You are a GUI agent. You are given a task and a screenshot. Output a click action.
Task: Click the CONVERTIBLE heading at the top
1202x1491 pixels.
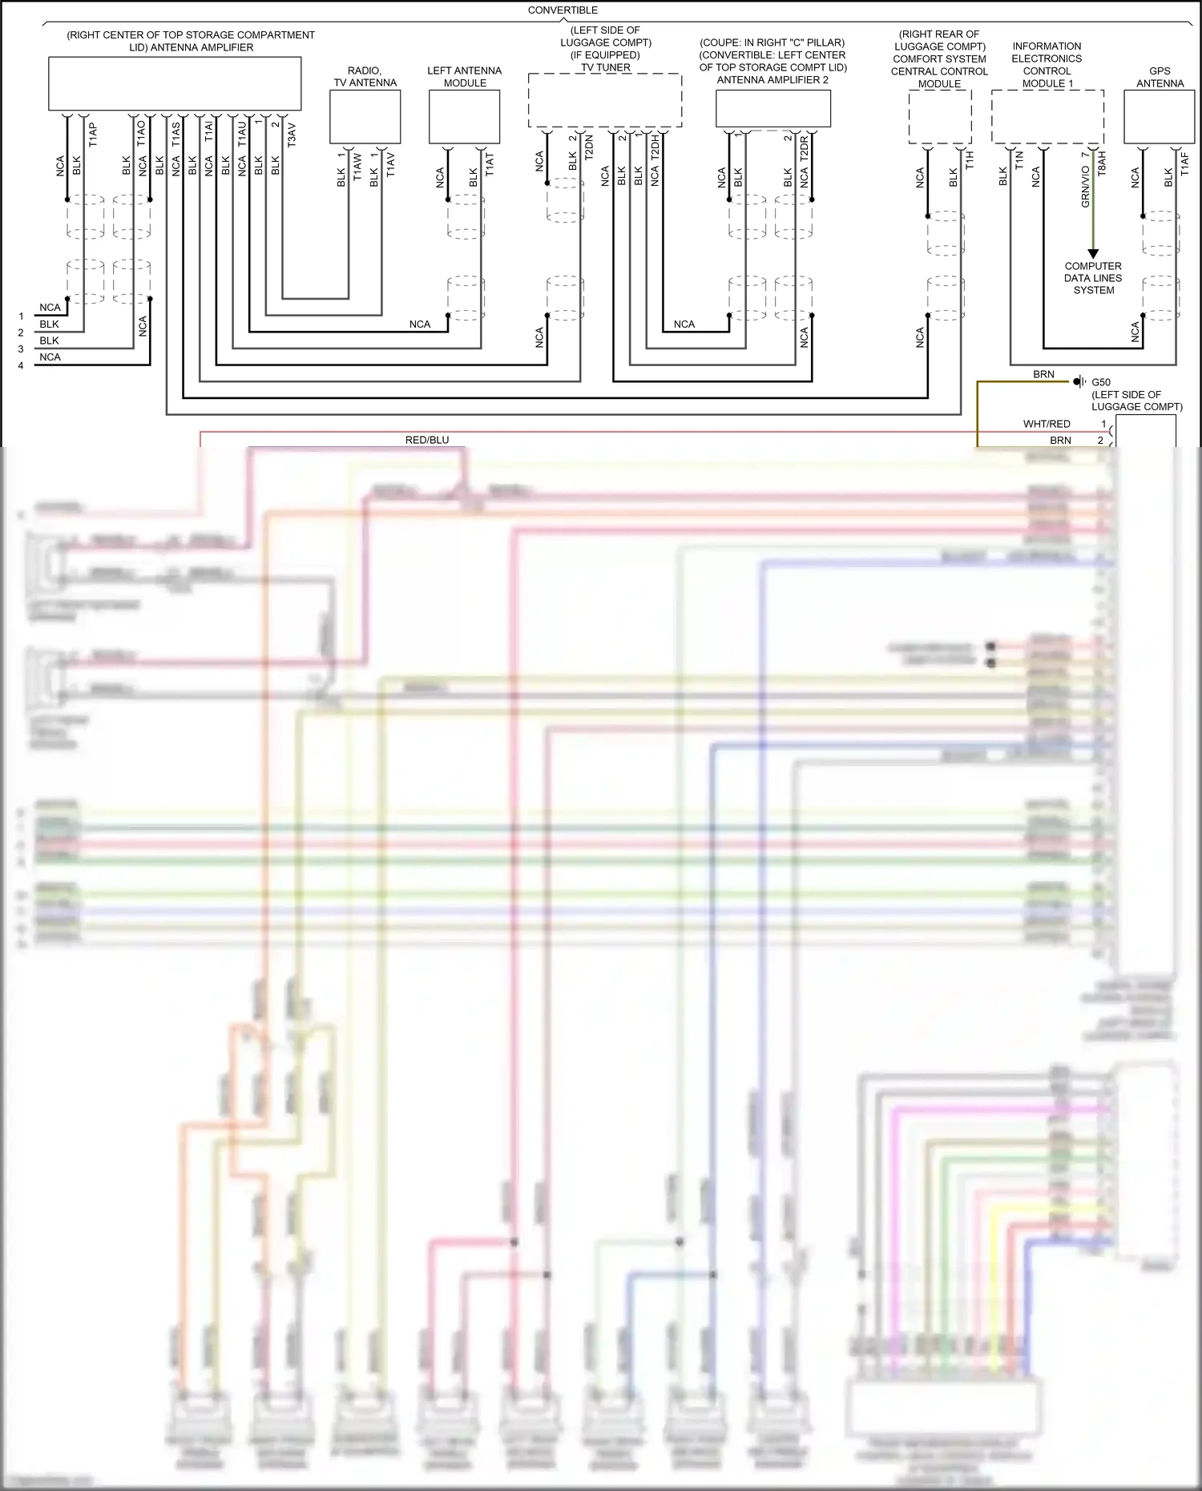coord(563,10)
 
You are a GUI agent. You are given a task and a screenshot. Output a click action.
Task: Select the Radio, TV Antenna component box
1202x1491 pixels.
coord(365,117)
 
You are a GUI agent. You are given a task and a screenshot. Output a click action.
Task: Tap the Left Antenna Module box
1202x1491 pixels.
coord(465,117)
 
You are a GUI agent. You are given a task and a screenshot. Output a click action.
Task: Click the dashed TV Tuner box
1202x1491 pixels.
coord(605,100)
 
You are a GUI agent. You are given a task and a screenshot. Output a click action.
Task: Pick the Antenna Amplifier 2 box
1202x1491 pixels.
coord(772,108)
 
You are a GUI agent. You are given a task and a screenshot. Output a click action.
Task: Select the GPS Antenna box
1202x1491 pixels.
coord(1160,117)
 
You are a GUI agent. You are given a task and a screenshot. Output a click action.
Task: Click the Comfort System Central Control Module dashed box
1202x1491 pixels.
coord(940,117)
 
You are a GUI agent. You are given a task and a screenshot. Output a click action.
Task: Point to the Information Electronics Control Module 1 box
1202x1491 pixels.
coord(1047,117)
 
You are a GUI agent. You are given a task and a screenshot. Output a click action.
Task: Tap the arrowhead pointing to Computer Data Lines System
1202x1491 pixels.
coord(1093,253)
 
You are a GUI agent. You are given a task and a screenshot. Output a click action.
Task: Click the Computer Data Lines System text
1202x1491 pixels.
coord(1093,278)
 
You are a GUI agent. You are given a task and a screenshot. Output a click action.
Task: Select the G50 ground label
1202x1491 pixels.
coord(1101,382)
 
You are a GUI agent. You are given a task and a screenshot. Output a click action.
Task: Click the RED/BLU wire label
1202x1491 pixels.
coord(427,440)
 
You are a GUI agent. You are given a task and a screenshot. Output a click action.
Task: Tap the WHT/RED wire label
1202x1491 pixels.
coord(1047,424)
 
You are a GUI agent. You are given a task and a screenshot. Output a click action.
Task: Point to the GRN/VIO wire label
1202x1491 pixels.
coord(1086,186)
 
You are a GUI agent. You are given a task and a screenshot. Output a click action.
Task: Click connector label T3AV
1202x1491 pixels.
coord(292,135)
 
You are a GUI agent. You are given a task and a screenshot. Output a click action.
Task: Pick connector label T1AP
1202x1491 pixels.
coord(94,134)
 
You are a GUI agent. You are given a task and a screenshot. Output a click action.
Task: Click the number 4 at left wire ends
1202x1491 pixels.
coord(21,365)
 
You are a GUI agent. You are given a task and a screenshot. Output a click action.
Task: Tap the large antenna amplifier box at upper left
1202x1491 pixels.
coord(175,83)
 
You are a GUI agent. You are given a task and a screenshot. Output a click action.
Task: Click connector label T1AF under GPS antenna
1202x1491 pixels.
coord(1184,163)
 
